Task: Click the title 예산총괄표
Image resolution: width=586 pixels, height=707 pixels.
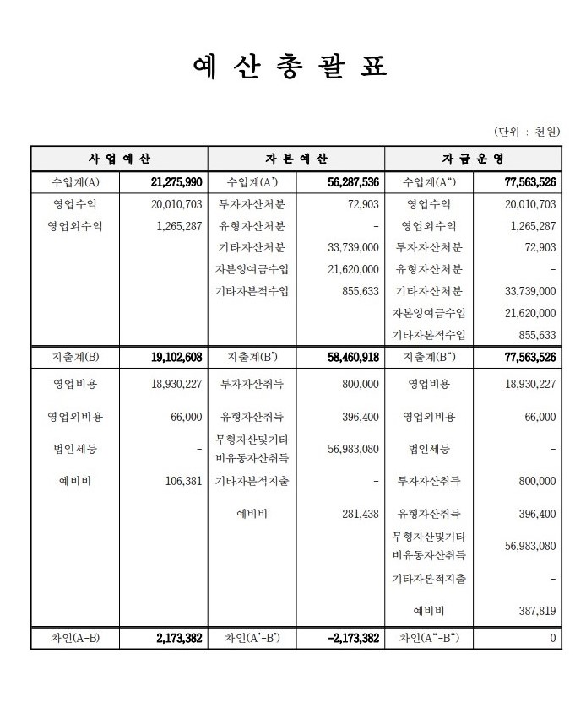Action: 290,67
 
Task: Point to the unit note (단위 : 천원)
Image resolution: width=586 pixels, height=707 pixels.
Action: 527,132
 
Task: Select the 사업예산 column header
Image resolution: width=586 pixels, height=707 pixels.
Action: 119,159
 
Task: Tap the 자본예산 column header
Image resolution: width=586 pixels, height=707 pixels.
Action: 296,159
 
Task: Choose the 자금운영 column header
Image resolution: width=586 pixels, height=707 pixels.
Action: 473,159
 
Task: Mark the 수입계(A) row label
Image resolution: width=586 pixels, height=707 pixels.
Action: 75,181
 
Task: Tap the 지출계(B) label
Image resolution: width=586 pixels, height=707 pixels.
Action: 75,358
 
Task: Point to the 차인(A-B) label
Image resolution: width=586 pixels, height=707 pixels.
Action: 75,639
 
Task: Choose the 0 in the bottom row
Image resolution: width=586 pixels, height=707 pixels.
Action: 552,639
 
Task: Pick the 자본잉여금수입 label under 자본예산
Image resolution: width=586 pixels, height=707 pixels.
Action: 252,269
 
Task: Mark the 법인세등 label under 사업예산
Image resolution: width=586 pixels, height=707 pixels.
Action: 75,449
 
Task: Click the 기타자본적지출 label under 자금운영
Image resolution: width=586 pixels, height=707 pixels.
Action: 429,579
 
